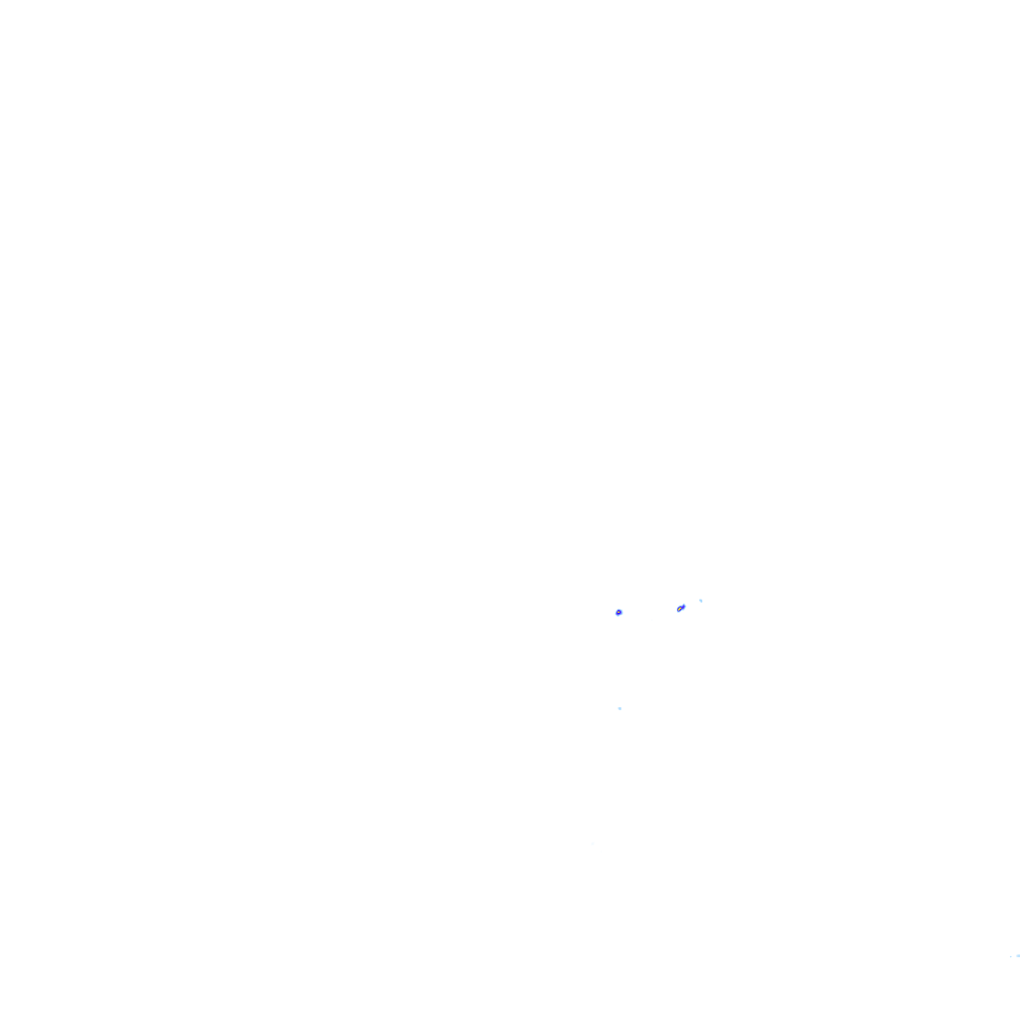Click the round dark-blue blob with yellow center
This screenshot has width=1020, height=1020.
[619, 612]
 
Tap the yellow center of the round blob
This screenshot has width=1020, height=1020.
[619, 612]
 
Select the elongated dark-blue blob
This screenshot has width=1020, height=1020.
[680, 608]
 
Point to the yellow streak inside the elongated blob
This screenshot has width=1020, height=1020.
[680, 608]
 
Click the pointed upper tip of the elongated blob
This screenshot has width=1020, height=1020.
[684, 604]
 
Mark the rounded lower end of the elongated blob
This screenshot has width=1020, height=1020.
[677, 611]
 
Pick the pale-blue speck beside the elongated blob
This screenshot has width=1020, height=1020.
[700, 600]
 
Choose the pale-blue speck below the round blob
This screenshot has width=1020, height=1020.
[620, 708]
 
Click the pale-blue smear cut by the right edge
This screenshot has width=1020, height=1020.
[1017, 955]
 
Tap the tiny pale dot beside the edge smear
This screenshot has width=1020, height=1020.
[1010, 957]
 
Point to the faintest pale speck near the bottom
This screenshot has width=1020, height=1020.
[594, 843]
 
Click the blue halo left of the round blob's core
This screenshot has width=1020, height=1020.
[616, 612]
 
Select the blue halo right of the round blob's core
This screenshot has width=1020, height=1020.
[622, 612]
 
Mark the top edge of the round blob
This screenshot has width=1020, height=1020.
[619, 609]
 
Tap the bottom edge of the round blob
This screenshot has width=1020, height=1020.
[619, 615]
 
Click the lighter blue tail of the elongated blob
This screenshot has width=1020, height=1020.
[684, 605]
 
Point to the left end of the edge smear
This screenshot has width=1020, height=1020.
[1015, 955]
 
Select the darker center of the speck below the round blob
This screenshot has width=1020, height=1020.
[620, 708]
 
